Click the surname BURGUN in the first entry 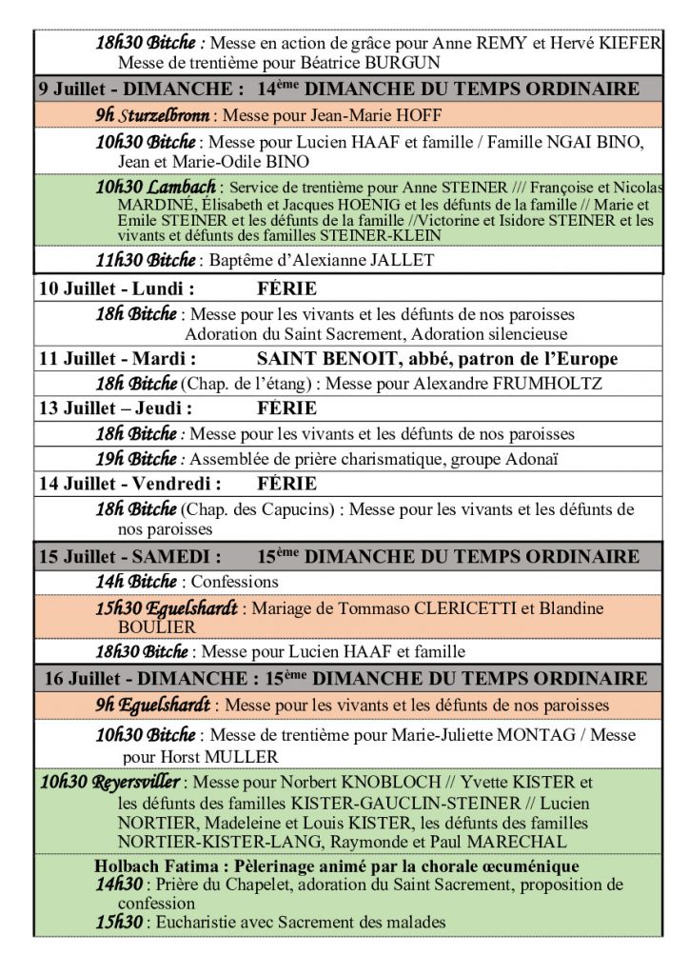(404, 63)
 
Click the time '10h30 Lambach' (156, 188)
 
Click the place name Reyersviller (133, 783)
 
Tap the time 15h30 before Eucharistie (119, 922)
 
